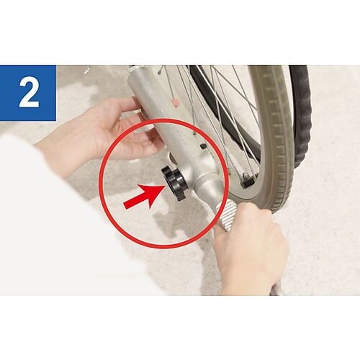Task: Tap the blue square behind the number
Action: point(28,93)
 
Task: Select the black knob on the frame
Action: point(174,183)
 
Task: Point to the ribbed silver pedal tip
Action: point(226,215)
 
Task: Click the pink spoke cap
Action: point(176,102)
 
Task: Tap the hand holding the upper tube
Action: point(108,135)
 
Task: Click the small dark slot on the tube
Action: point(203,145)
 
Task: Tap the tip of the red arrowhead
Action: point(166,186)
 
